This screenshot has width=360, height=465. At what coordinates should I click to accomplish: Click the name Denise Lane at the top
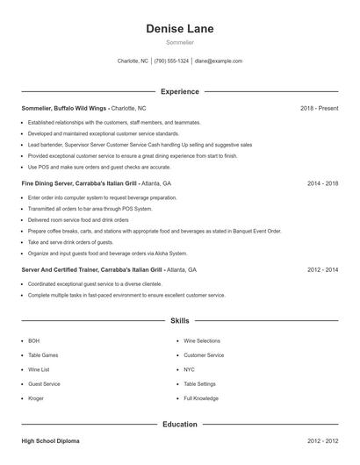[x=179, y=29]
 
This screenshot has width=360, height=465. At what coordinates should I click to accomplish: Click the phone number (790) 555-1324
[x=171, y=61]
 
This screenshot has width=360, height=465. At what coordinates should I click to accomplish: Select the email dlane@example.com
[x=219, y=61]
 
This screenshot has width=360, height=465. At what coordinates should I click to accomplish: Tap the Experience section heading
[x=179, y=91]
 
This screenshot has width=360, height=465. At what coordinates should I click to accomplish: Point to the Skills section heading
[x=179, y=322]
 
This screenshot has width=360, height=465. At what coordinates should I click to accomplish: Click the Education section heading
[x=179, y=425]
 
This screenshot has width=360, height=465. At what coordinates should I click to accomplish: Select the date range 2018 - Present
[x=319, y=108]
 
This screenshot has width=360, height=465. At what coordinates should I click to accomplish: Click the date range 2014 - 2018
[x=322, y=184]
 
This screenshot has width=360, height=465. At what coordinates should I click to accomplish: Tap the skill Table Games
[x=45, y=355]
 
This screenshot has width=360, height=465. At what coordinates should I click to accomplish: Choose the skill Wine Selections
[x=203, y=340]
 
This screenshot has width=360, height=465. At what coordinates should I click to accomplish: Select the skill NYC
[x=190, y=369]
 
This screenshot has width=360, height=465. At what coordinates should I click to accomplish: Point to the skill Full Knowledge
[x=201, y=398]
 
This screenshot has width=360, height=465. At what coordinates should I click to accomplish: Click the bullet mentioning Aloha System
[x=108, y=253]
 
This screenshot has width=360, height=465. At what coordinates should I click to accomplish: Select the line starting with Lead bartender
[x=140, y=144]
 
